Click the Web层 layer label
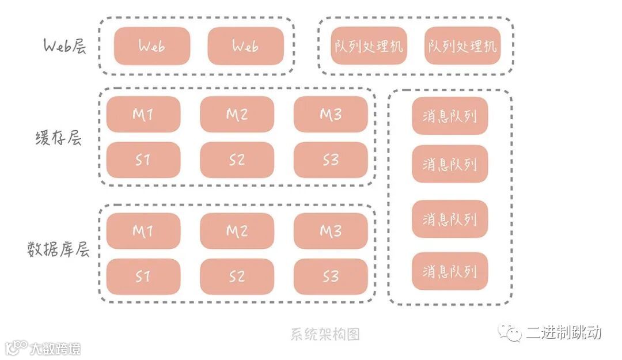pos(65,46)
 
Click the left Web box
pos(152,46)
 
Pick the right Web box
pos(245,46)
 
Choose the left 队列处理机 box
pos(369,46)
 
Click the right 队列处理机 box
pos(462,46)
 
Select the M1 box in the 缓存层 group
pos(143,114)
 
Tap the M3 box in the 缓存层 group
pos(331,114)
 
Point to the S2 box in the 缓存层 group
pos(237,160)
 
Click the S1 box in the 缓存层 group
pos(143,160)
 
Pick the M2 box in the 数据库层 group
pos(237,231)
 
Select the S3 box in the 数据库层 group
pos(331,276)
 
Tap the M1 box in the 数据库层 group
pos(143,231)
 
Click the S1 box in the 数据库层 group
pos(143,276)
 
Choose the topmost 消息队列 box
pos(450,116)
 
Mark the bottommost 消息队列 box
pos(450,271)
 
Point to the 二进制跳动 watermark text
pos(563,332)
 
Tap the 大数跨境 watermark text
pos(55,348)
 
